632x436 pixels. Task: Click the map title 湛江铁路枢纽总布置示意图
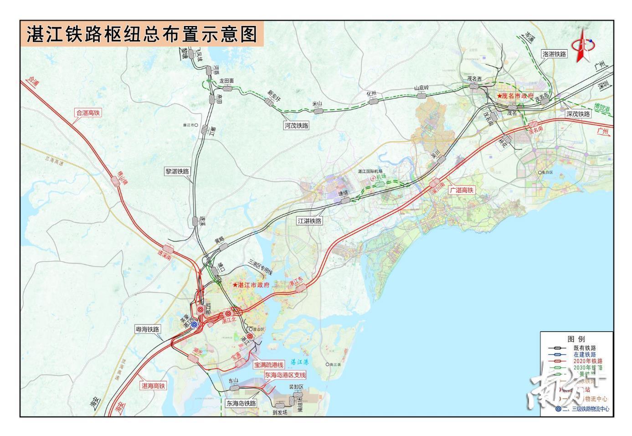coord(142,35)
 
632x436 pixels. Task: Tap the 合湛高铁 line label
coord(88,113)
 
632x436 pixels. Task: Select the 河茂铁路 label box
coord(296,125)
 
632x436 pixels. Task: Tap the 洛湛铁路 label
coord(554,54)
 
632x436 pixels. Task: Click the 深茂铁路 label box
coord(578,114)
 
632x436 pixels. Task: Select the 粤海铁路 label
coord(148,329)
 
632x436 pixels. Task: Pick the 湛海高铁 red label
coord(153,385)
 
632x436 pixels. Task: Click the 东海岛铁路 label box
coord(241,403)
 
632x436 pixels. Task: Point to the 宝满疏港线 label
coord(269,365)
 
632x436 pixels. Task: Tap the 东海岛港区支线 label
coord(285,375)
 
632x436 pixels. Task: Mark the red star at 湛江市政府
coord(235,285)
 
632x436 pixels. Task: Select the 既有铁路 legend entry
coord(585,348)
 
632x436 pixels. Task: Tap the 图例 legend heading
coord(576,339)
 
